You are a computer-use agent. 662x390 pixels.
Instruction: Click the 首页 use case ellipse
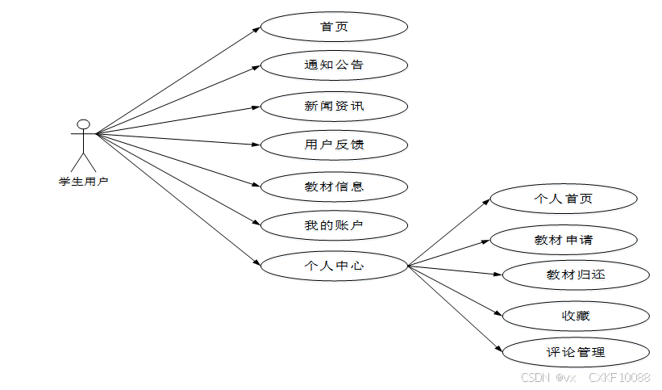coord(334,27)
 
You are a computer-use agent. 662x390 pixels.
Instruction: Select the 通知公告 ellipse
coord(334,65)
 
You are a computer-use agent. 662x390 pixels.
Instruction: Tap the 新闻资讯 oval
coord(334,106)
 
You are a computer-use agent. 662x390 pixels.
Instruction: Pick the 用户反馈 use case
coord(334,145)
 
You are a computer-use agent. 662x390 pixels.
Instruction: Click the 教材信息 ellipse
coord(334,187)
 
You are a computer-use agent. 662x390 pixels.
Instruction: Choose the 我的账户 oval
coord(334,225)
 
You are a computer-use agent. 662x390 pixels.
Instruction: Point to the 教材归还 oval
coord(575,275)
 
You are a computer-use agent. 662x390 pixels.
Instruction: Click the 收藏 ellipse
coord(575,315)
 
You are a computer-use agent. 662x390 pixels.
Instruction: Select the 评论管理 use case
coord(575,352)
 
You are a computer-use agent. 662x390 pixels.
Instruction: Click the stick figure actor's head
coord(82,124)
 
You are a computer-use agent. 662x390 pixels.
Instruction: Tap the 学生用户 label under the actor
coord(83,181)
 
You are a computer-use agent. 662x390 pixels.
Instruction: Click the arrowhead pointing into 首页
coord(256,29)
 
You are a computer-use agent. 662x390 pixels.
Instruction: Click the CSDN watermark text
coord(535,377)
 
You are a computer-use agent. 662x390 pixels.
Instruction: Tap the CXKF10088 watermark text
coord(619,377)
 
